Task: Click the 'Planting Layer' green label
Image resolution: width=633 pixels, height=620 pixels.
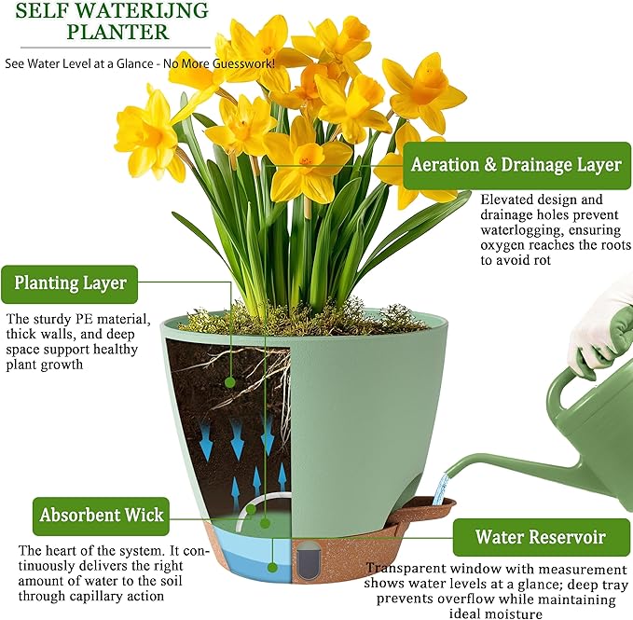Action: (x=71, y=282)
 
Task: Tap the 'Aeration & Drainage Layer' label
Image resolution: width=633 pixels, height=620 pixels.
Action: (x=516, y=165)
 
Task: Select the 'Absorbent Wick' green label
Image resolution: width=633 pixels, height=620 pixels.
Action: (x=103, y=515)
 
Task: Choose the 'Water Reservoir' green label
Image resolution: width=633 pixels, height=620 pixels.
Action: (x=540, y=537)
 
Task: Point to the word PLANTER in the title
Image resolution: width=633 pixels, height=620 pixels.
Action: (x=118, y=33)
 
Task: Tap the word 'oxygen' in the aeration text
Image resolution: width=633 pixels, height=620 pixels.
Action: (x=506, y=246)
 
